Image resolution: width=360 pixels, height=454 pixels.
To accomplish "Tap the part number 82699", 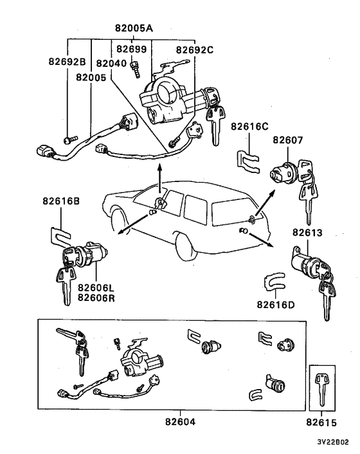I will tap(130, 49).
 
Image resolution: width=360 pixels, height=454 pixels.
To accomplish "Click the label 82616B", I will tap(62, 201).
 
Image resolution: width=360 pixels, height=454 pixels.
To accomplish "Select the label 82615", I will tap(323, 422).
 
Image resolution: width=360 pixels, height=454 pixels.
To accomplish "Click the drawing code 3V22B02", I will tap(332, 443).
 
